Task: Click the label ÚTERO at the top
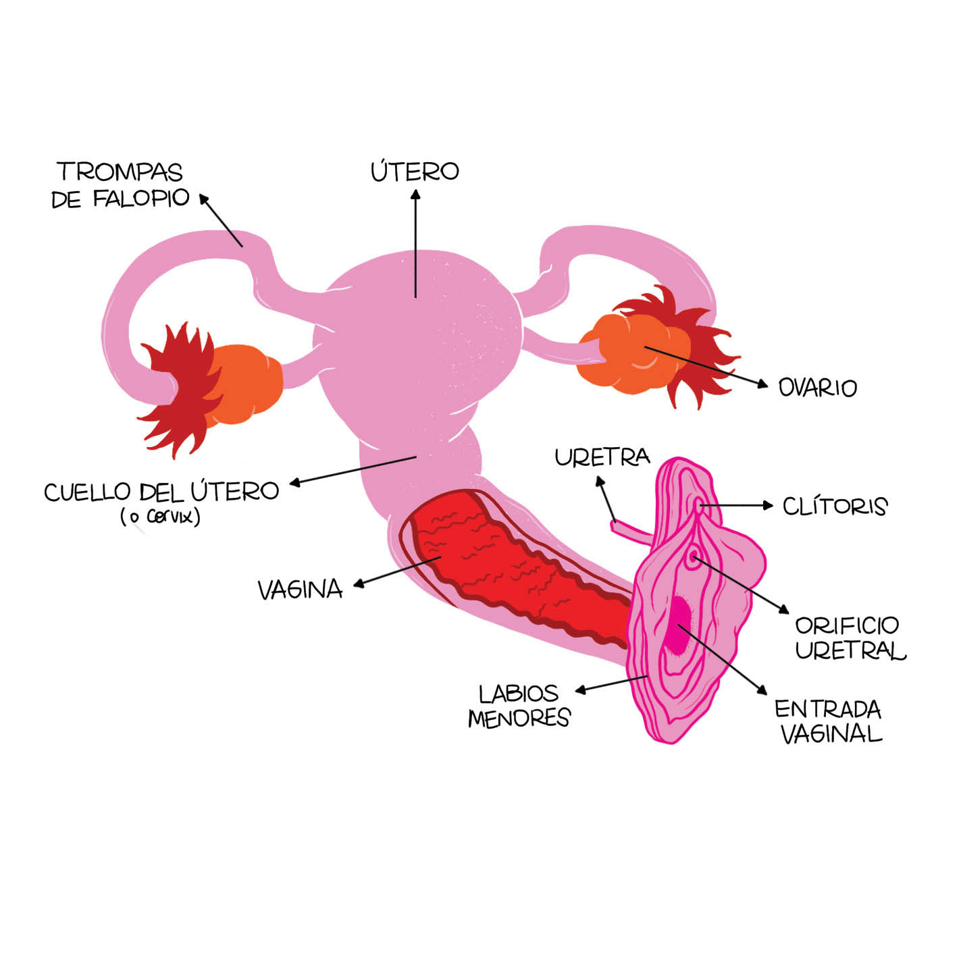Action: pos(415,172)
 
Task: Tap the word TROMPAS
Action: pos(120,172)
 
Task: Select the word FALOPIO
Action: pos(141,199)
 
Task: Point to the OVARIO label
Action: pos(817,388)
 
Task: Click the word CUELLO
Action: pos(88,492)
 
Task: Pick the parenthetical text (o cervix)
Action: pos(160,517)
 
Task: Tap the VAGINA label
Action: pos(301,590)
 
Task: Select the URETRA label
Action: pos(602,458)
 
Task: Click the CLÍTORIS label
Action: pos(835,507)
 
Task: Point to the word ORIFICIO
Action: pos(847,625)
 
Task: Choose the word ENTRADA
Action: pos(827,709)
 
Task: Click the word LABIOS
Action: pos(519,694)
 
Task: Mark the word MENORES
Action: pos(519,718)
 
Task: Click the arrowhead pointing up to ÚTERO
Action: pos(415,195)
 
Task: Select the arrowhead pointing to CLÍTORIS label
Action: pos(768,505)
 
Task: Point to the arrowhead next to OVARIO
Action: pos(764,385)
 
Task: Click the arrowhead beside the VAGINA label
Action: pos(359,585)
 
